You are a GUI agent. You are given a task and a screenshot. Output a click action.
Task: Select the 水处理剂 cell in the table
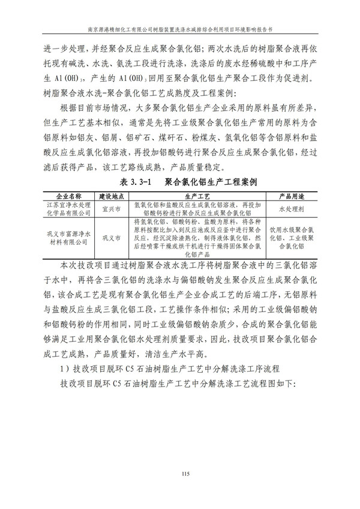[295, 209]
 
